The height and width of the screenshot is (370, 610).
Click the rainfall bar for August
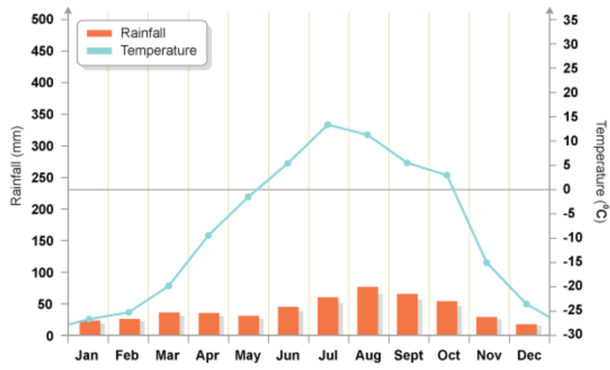coord(367,311)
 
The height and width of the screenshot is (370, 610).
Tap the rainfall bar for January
coord(89,328)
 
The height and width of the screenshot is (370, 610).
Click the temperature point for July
coord(328,124)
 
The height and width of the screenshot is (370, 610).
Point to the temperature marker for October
coord(447,175)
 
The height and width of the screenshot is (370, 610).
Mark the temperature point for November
coord(486,262)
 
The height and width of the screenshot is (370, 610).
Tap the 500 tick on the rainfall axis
coord(41,19)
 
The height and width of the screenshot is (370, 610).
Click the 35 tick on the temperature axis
coord(571,19)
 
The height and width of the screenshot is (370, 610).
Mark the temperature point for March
coord(168,286)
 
